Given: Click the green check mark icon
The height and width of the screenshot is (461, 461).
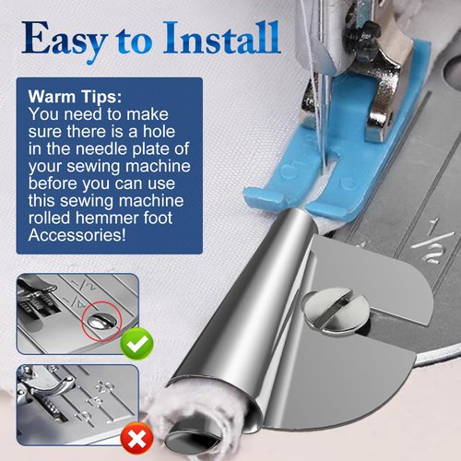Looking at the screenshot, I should [137, 345].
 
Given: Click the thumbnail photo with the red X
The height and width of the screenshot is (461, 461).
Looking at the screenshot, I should [77, 407].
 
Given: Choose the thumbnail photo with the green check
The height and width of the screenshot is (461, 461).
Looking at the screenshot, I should [77, 313].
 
